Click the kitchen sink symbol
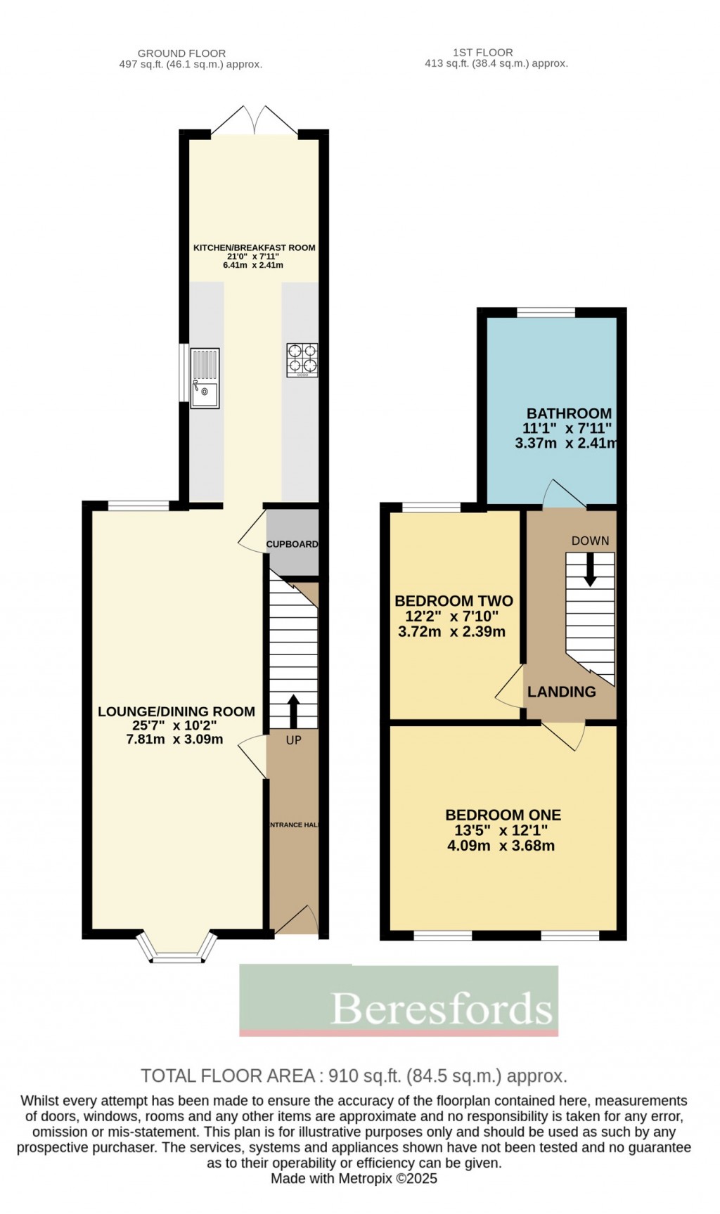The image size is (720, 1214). point(205,378)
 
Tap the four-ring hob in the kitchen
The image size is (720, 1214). point(302,359)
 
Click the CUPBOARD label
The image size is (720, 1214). point(292,544)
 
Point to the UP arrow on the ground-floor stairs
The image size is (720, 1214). point(293,711)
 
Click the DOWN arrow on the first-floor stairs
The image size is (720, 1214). point(590,569)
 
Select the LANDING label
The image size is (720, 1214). point(561,692)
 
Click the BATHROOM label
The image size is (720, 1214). point(569,413)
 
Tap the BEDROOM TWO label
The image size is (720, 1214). point(454,601)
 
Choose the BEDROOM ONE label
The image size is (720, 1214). point(503,815)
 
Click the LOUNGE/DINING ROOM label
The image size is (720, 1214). point(176,711)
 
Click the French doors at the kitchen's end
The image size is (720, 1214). point(255,121)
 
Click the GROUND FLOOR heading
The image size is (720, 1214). point(181,53)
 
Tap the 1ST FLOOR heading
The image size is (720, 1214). point(483,52)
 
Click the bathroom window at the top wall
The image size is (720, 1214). point(546,312)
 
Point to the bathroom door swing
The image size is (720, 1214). point(563,494)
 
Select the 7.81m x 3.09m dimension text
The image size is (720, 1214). point(174,740)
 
